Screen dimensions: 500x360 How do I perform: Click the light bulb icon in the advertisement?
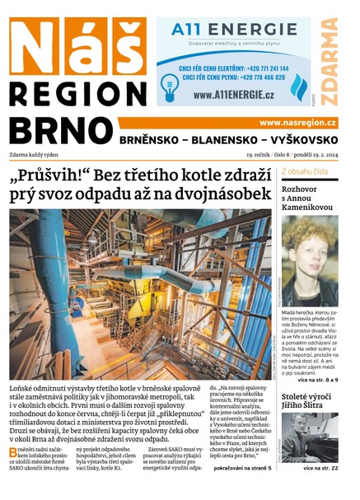click(170, 84)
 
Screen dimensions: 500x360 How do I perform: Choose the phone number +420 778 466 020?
click(255, 77)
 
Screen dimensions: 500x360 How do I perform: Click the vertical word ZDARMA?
click(330, 61)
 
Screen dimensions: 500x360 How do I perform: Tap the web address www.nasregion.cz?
click(297, 123)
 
